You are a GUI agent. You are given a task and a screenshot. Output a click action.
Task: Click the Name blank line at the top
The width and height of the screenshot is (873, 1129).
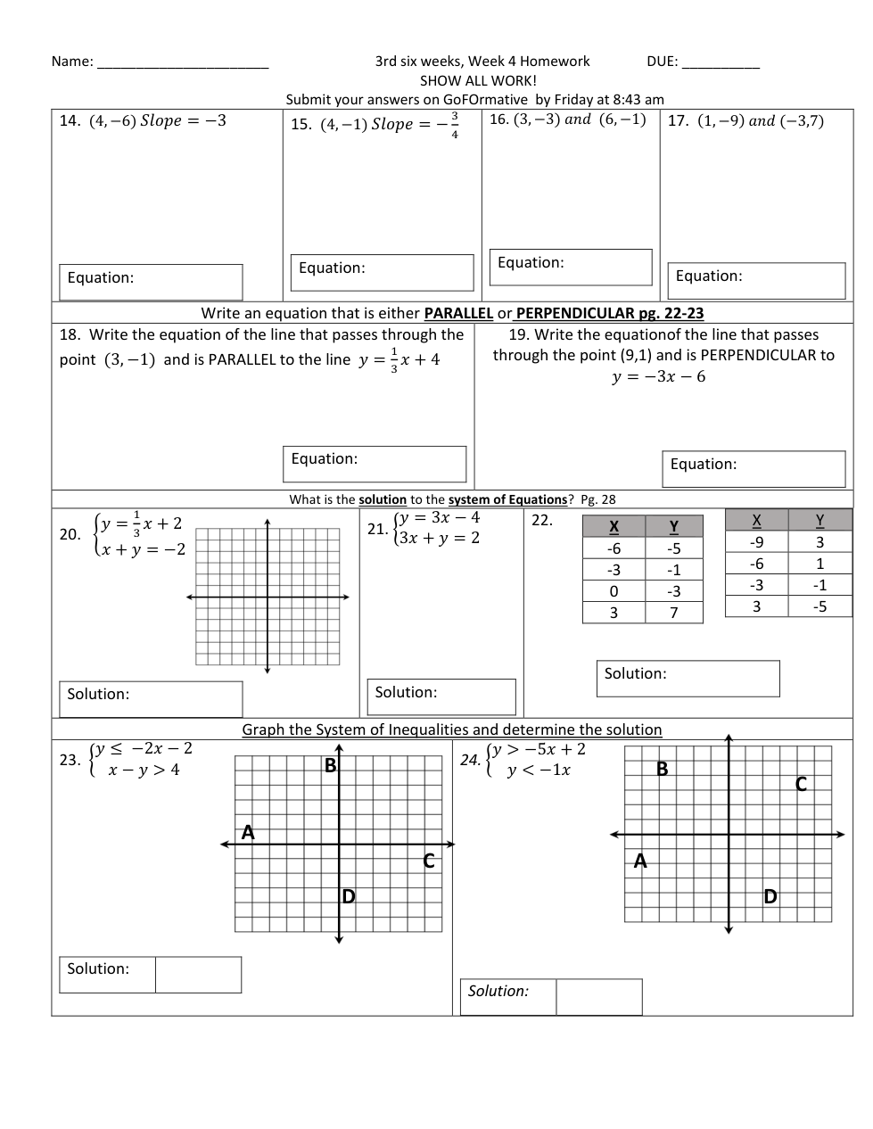pos(182,62)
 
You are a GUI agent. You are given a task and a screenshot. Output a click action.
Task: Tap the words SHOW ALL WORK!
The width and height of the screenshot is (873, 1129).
pos(478,80)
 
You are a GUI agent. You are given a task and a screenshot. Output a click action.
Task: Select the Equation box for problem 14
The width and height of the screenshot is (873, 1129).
pos(151,282)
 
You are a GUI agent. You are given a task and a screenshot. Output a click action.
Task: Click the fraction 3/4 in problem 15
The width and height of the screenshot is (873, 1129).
pos(455,125)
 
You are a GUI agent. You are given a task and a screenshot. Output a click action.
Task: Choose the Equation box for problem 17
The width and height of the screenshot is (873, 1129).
pos(756,281)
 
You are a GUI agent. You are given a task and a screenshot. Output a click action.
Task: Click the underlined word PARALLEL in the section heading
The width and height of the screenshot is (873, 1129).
pos(458,313)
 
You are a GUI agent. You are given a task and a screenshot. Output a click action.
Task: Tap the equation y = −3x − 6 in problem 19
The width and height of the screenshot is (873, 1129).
pos(658,376)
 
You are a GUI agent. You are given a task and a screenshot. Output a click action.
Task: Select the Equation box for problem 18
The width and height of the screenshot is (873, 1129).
pos(375,464)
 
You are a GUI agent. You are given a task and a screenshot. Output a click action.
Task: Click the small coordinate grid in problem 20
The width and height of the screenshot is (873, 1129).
pos(267,597)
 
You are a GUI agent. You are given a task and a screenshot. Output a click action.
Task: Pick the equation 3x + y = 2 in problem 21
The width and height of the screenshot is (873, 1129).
pos(439,538)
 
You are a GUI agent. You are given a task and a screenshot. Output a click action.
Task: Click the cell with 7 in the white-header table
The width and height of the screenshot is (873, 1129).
pos(674,613)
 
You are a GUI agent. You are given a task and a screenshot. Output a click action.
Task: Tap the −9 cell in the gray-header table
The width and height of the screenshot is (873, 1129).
pos(756,542)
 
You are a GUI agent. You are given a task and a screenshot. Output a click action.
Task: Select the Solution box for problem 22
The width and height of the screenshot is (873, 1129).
pos(688,678)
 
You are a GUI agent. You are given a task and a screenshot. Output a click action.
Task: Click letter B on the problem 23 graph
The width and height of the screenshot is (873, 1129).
pos(330,766)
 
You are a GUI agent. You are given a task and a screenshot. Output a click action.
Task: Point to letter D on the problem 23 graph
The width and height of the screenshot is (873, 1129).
pos(349,896)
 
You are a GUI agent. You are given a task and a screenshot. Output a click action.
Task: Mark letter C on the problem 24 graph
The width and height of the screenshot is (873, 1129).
pos(801,784)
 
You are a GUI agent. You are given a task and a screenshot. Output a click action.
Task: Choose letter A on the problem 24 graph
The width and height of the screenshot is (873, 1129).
pos(640,861)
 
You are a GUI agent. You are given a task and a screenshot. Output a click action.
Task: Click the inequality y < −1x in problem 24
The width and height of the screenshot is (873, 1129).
pos(539,771)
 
